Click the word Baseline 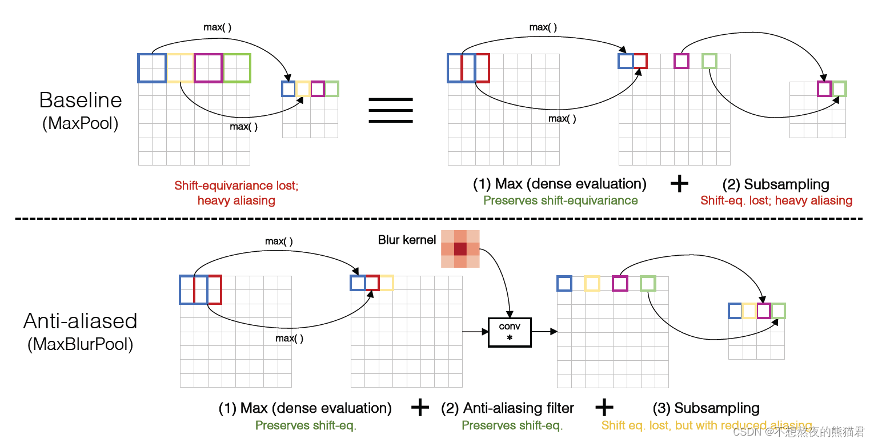[81, 100]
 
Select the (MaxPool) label [81, 123]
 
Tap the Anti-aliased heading [81, 321]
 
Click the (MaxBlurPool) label [81, 344]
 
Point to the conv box [510, 332]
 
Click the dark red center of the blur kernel [460, 249]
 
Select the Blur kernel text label [407, 240]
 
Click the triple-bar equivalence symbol [391, 110]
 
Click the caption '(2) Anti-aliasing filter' [507, 408]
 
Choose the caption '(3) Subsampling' [706, 408]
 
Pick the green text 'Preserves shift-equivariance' [560, 200]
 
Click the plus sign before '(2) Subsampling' [679, 184]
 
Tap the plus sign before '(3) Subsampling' [604, 408]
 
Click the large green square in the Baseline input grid [237, 68]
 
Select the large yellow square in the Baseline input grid [180, 68]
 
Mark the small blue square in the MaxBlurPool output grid [735, 311]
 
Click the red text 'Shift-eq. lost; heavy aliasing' [776, 200]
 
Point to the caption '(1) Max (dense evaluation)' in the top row [560, 184]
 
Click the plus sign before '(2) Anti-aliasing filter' [420, 408]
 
